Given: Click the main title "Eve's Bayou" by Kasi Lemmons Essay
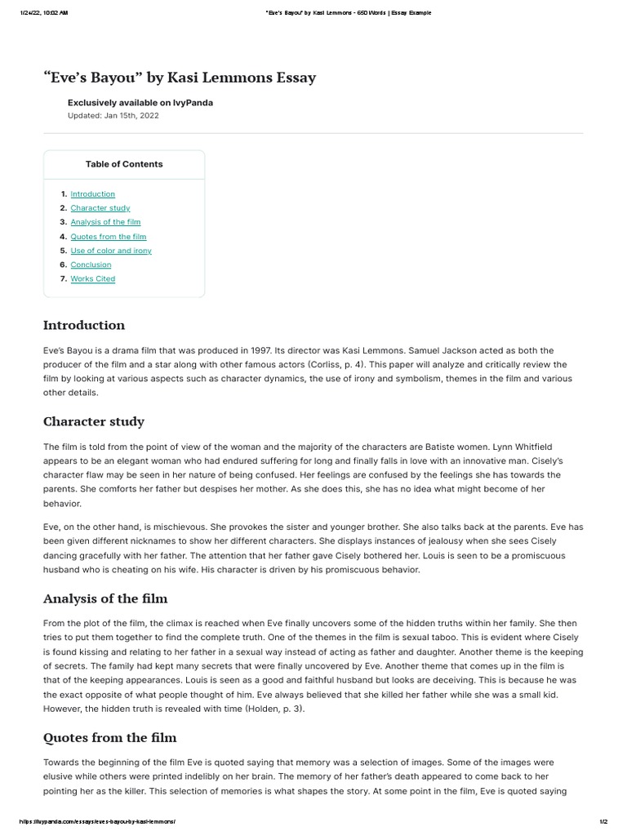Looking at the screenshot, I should pos(179,78).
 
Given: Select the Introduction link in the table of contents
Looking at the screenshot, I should pos(92,194).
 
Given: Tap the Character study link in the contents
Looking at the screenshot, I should pos(100,208).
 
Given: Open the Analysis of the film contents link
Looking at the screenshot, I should pos(105,222).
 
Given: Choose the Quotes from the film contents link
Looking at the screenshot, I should pos(108,237).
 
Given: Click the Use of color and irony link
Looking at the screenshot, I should pos(111,251).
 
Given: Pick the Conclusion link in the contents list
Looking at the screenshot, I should pos(91,265).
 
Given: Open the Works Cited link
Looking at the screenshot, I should pos(92,279).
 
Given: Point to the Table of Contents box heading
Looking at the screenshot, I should pos(124,164).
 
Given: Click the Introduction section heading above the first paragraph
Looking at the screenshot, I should pos(84,325).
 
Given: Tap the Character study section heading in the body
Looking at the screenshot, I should pos(93,421).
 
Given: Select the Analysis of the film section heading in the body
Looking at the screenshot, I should pos(104,598).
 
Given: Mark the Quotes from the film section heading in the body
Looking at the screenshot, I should pos(109,737).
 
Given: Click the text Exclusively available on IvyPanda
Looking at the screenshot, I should pos(140,103).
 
